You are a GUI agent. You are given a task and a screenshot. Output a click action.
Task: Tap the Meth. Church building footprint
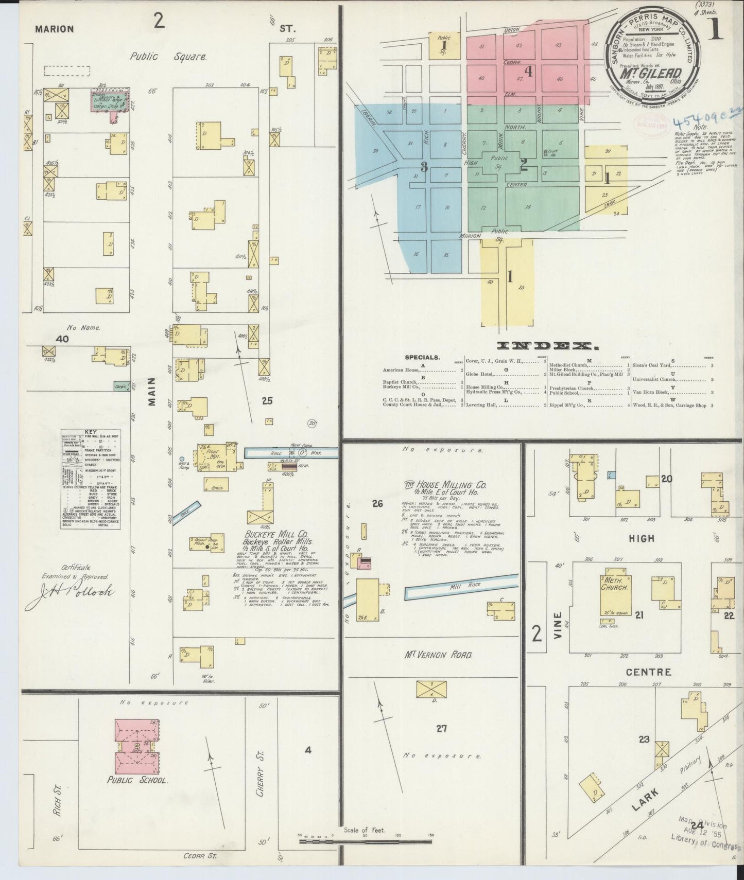613,591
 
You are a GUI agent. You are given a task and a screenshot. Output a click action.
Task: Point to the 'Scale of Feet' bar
366,841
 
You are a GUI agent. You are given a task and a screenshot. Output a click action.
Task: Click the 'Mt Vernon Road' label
438,655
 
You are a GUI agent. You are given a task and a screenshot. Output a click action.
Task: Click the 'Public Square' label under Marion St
168,57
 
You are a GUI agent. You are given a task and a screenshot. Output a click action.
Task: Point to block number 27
441,728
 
